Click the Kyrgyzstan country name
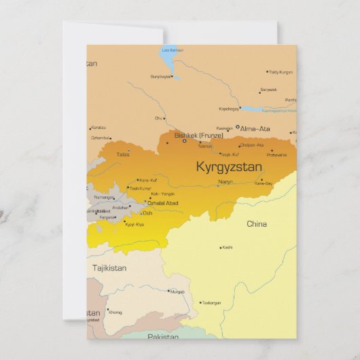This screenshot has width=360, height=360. [x=228, y=166]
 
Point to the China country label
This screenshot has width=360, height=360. [x=257, y=223]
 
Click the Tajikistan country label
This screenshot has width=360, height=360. [x=109, y=268]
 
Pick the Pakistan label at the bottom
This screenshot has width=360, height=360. [x=163, y=337]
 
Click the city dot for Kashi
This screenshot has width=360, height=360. [x=220, y=247]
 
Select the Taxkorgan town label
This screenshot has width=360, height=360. [x=211, y=303]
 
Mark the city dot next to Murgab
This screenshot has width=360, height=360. [x=168, y=291]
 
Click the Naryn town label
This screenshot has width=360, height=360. [x=226, y=182]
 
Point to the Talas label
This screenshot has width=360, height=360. [x=122, y=154]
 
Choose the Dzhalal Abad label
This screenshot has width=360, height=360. [x=163, y=203]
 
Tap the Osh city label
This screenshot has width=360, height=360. [x=147, y=213]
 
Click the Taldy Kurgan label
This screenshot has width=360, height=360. [x=281, y=71]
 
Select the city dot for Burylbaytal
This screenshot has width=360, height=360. [x=173, y=77]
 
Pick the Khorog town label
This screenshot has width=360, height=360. [x=115, y=312]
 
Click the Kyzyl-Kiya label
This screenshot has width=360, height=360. [x=134, y=224]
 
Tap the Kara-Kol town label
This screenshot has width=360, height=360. [x=148, y=180]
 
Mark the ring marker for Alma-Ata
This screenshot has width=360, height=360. [x=237, y=127]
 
